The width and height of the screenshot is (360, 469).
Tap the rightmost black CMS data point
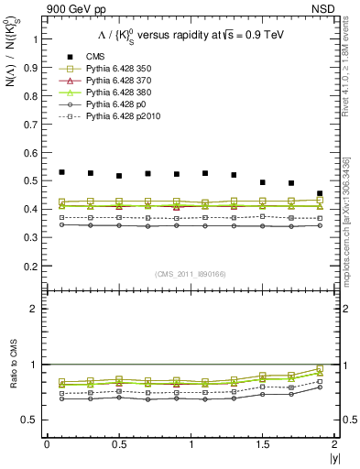tap(320, 194)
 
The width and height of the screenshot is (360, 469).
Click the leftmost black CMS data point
tap(62, 172)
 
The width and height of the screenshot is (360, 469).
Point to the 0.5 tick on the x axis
tap(119, 443)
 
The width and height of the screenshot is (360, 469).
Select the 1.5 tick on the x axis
tap(262, 443)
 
